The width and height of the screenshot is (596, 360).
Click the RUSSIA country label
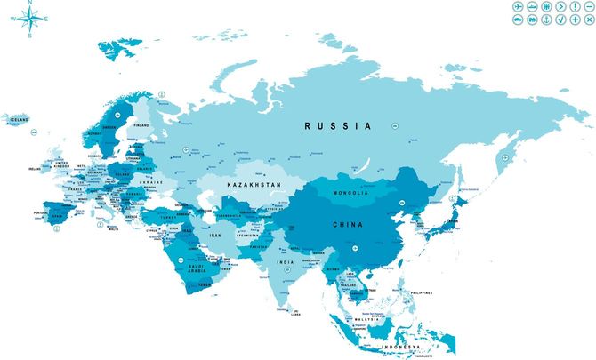point(338,126)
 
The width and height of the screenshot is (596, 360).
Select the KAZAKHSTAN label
point(254,184)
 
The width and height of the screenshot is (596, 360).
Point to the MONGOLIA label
point(350,193)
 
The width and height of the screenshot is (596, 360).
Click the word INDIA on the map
point(285,262)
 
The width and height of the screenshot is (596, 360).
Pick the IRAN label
point(215,235)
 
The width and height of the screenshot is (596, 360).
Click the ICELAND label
point(16,118)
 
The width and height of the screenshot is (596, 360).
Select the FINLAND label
point(141,125)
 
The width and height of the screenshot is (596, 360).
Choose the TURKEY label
point(167,216)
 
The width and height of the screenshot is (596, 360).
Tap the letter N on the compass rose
point(30,4)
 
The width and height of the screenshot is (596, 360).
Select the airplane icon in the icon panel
point(518,6)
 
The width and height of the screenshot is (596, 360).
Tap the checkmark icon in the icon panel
point(560,20)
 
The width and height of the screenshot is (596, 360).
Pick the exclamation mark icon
point(575,6)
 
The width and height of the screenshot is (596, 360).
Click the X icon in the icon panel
point(589,20)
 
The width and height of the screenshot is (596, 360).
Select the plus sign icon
point(575,20)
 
